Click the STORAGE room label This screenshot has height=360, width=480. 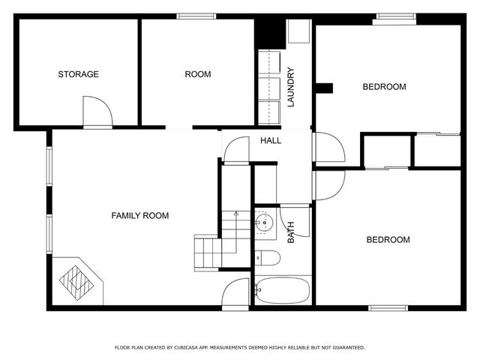pos(79,74)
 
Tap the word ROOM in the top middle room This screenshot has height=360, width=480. pos(198,74)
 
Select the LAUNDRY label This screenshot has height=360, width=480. pos(290,87)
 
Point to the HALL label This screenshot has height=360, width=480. pos(271,141)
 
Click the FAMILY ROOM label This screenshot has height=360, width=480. pos(140,216)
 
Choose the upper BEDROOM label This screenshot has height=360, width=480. pos(384,87)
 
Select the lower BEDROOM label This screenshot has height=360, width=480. pos(388,240)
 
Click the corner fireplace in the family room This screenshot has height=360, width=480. pos(77,281)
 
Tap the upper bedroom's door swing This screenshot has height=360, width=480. pos(328,147)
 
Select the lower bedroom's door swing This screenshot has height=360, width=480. pos(328,185)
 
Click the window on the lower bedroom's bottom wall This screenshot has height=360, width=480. pos(388,307)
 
